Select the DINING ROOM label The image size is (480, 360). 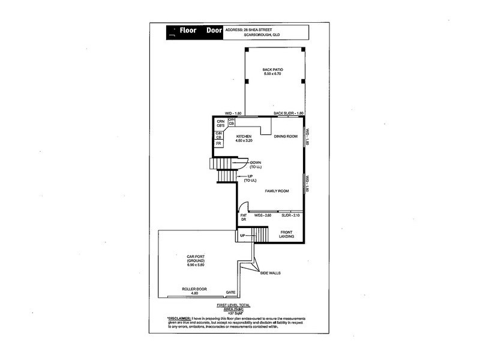[286, 137]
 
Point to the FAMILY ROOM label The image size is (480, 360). [277, 191]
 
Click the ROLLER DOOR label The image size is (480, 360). [194, 289]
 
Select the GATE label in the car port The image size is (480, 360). [230, 293]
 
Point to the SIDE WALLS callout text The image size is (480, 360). [270, 273]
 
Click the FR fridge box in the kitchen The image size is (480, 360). [219, 144]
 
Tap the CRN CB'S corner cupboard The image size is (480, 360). [220, 124]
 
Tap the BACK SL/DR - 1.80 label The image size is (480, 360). [289, 113]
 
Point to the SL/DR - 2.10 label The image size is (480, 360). [290, 215]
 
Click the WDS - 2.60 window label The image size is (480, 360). [263, 215]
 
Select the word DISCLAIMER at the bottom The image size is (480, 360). [179, 318]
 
